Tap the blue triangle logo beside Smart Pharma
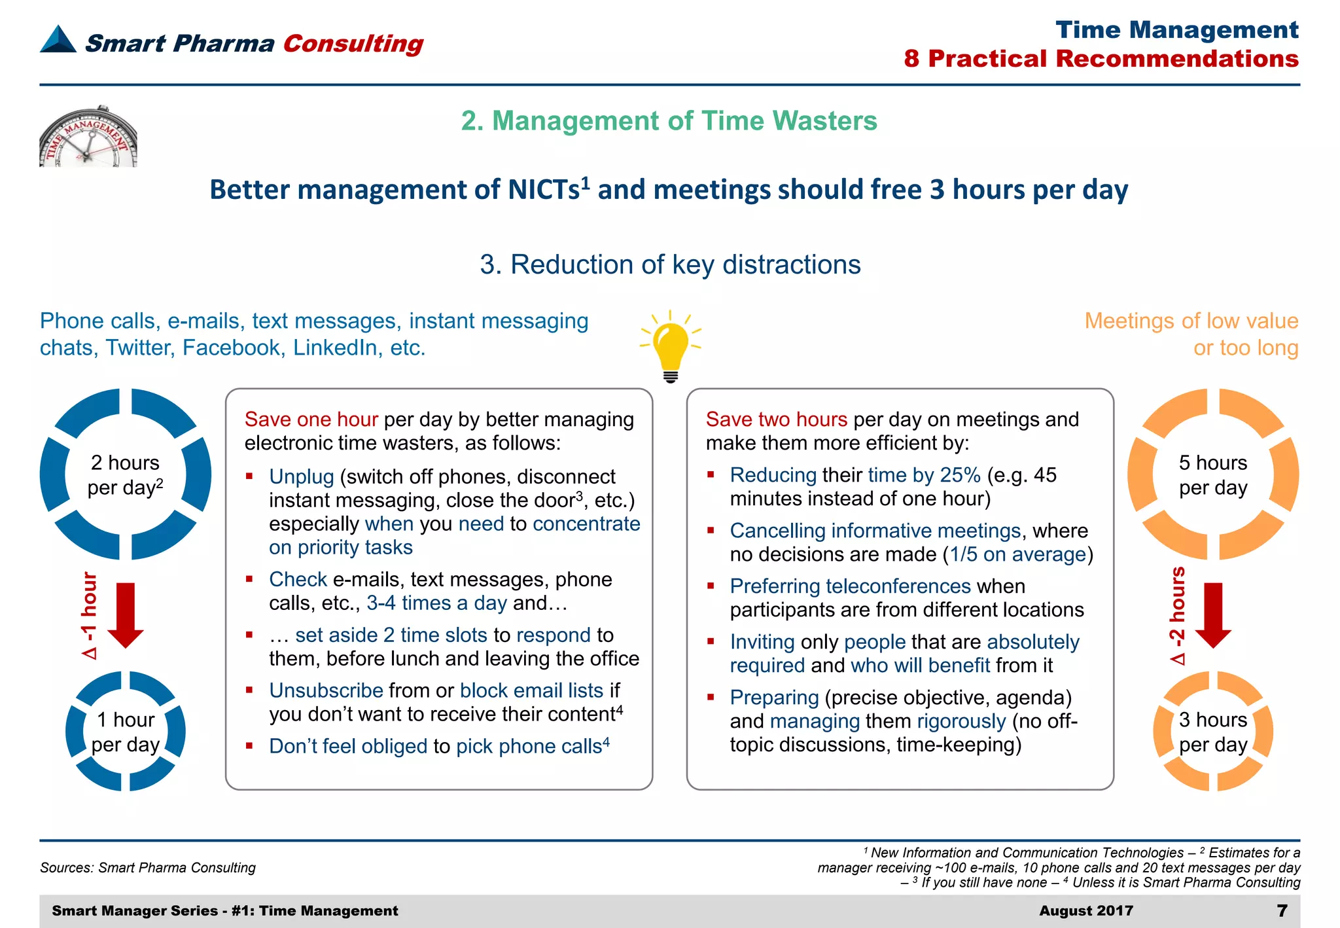(x=58, y=40)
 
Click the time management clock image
(x=88, y=137)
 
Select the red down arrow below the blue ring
(x=125, y=615)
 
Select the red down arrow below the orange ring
(x=1213, y=615)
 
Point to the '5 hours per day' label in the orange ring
(x=1213, y=475)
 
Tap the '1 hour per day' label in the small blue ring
(x=125, y=732)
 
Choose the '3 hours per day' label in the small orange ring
(x=1213, y=732)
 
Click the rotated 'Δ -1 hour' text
(x=89, y=615)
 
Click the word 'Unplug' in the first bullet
(x=302, y=476)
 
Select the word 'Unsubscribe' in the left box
(x=326, y=690)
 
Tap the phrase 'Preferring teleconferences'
(x=850, y=586)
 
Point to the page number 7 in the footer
(x=1282, y=910)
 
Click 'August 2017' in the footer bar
(x=1086, y=910)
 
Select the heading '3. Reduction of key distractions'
(x=670, y=264)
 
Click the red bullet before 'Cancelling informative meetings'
(x=711, y=530)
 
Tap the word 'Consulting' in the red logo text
(x=353, y=43)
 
